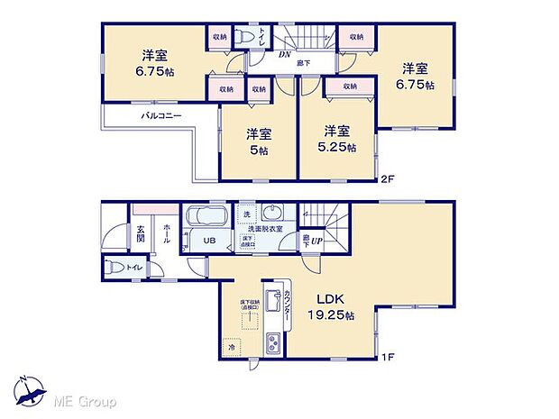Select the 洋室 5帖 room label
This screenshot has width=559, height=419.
[x=259, y=142]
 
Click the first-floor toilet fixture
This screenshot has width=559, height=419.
[x=114, y=267]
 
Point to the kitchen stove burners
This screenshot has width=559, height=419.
[x=274, y=342]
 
